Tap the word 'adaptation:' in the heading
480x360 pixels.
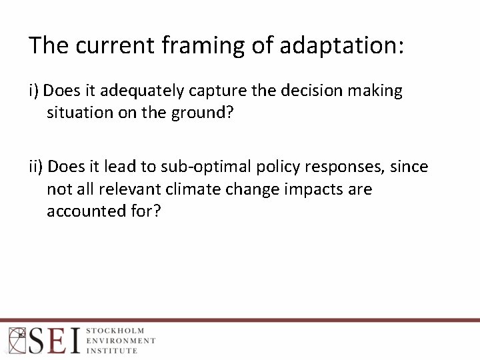pyautogui.click(x=342, y=45)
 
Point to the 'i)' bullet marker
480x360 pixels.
pyautogui.click(x=35, y=91)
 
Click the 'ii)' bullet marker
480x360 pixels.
pyautogui.click(x=37, y=166)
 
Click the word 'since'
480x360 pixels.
pyautogui.click(x=409, y=166)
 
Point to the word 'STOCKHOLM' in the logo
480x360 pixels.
pyautogui.click(x=115, y=331)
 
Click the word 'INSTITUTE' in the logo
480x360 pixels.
pyautogui.click(x=111, y=350)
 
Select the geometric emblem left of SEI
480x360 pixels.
pyautogui.click(x=16, y=340)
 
